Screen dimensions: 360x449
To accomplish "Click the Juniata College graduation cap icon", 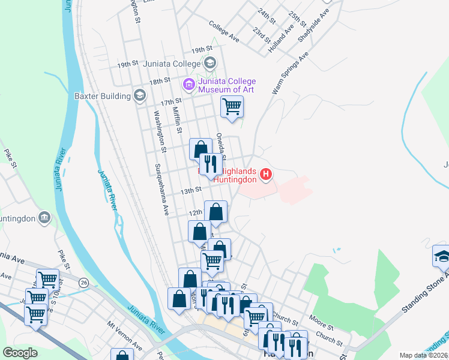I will (x=210, y=62).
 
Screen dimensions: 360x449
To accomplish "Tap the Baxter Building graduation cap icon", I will (x=140, y=95).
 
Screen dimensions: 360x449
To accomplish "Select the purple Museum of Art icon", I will (x=189, y=85).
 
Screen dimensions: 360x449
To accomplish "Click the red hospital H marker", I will (x=265, y=176).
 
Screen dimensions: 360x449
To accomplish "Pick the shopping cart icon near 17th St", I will (x=232, y=107).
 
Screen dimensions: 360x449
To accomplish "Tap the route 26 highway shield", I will (x=83, y=281).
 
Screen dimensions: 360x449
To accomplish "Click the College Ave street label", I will (x=224, y=32).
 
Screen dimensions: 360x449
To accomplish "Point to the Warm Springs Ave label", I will (x=290, y=72).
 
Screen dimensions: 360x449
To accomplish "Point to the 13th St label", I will (x=191, y=191).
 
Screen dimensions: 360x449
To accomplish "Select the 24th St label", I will (x=265, y=16).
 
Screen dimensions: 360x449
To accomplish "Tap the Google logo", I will (x=20, y=353).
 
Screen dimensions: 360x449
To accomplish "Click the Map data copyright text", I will (x=424, y=355).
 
